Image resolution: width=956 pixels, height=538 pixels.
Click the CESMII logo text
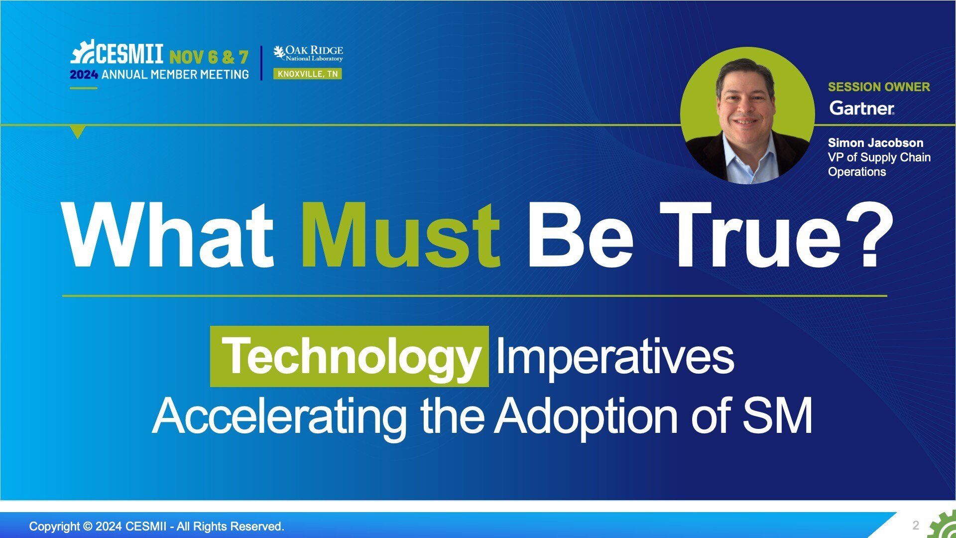point(129,52)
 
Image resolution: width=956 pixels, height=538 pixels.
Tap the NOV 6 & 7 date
point(209,57)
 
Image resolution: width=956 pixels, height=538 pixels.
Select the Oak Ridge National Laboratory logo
point(308,53)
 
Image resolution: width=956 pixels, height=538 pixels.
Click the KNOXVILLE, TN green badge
point(307,74)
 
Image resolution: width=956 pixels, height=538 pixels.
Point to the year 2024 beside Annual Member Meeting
point(84,75)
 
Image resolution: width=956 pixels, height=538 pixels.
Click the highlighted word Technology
point(350,357)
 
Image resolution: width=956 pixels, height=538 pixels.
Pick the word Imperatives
point(615,357)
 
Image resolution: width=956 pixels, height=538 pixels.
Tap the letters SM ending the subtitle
point(777,415)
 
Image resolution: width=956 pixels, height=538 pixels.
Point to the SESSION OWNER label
point(879,87)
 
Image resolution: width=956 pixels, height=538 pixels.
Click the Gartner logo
point(862,108)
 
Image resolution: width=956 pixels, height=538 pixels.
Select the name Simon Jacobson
point(875,142)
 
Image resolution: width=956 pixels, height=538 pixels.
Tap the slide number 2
point(916,525)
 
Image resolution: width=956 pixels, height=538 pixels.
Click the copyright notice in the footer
point(157,526)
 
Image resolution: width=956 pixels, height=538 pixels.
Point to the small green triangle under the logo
point(78,132)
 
